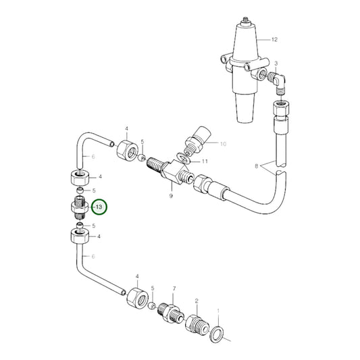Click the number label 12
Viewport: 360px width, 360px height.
point(274,39)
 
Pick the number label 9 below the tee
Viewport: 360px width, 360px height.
point(171,195)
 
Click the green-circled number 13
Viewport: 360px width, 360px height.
point(99,205)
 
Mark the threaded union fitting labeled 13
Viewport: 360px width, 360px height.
point(79,205)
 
